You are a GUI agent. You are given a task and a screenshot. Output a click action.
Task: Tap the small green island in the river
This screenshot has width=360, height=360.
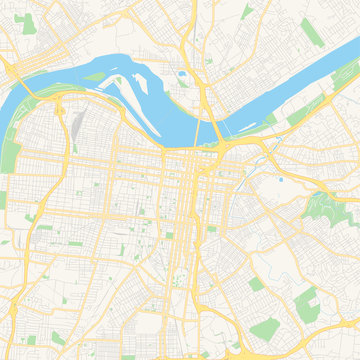[96, 74]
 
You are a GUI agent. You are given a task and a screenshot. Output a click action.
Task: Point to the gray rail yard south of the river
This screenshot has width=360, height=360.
[77, 126]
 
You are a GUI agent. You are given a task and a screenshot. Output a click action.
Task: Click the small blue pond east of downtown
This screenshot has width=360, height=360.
[281, 180]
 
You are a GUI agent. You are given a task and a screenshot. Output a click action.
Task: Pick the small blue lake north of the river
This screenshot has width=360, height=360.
[182, 73]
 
